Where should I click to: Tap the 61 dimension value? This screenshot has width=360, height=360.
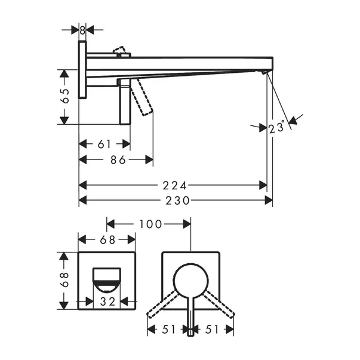tap(104, 144)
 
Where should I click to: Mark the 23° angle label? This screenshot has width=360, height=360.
tap(275, 128)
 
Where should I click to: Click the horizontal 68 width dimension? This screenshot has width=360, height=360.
tap(107, 240)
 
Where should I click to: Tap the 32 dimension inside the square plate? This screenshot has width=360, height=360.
tap(108, 302)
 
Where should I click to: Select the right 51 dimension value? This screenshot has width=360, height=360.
tap(213, 328)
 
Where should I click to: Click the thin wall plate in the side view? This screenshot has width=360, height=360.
tap(82, 69)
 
